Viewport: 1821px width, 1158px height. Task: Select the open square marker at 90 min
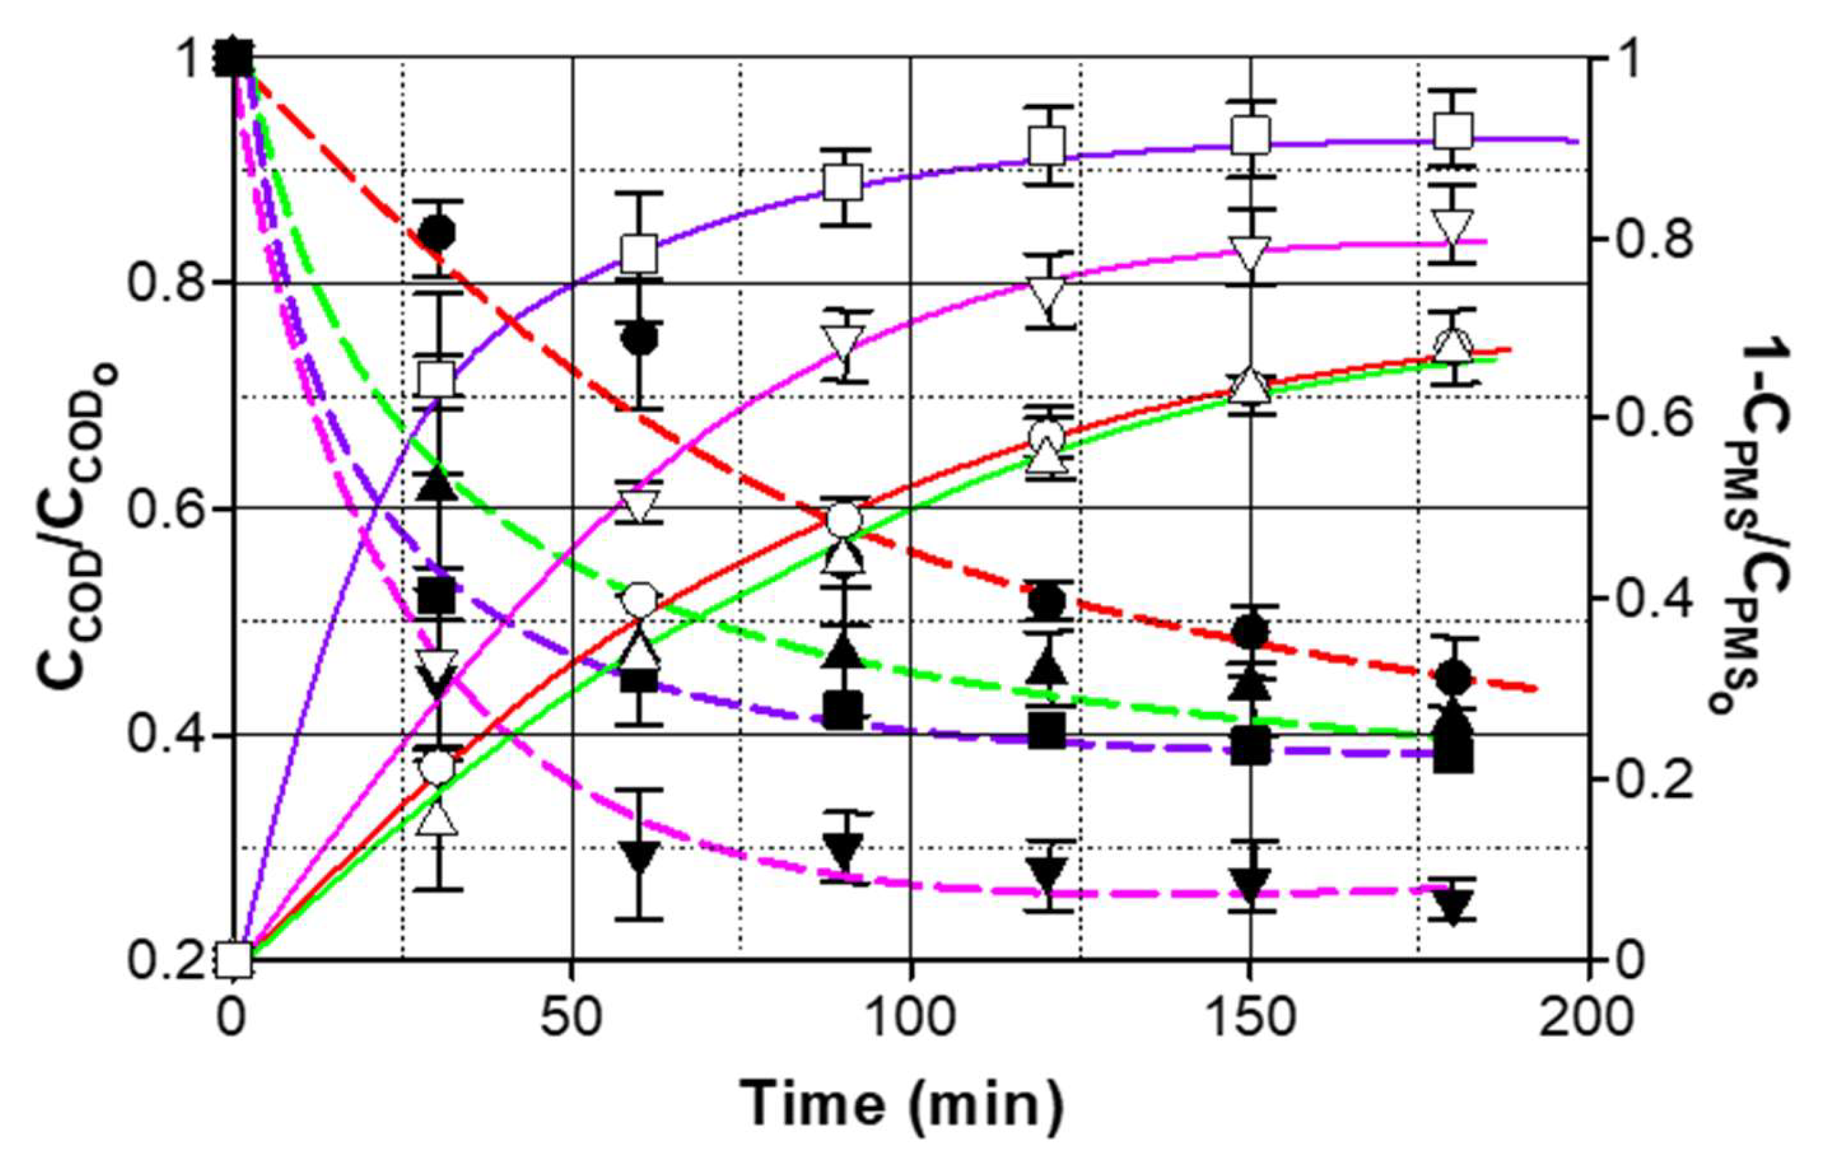(843, 183)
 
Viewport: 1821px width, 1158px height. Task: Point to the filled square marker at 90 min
(843, 710)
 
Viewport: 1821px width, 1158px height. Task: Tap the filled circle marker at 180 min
(1453, 677)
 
